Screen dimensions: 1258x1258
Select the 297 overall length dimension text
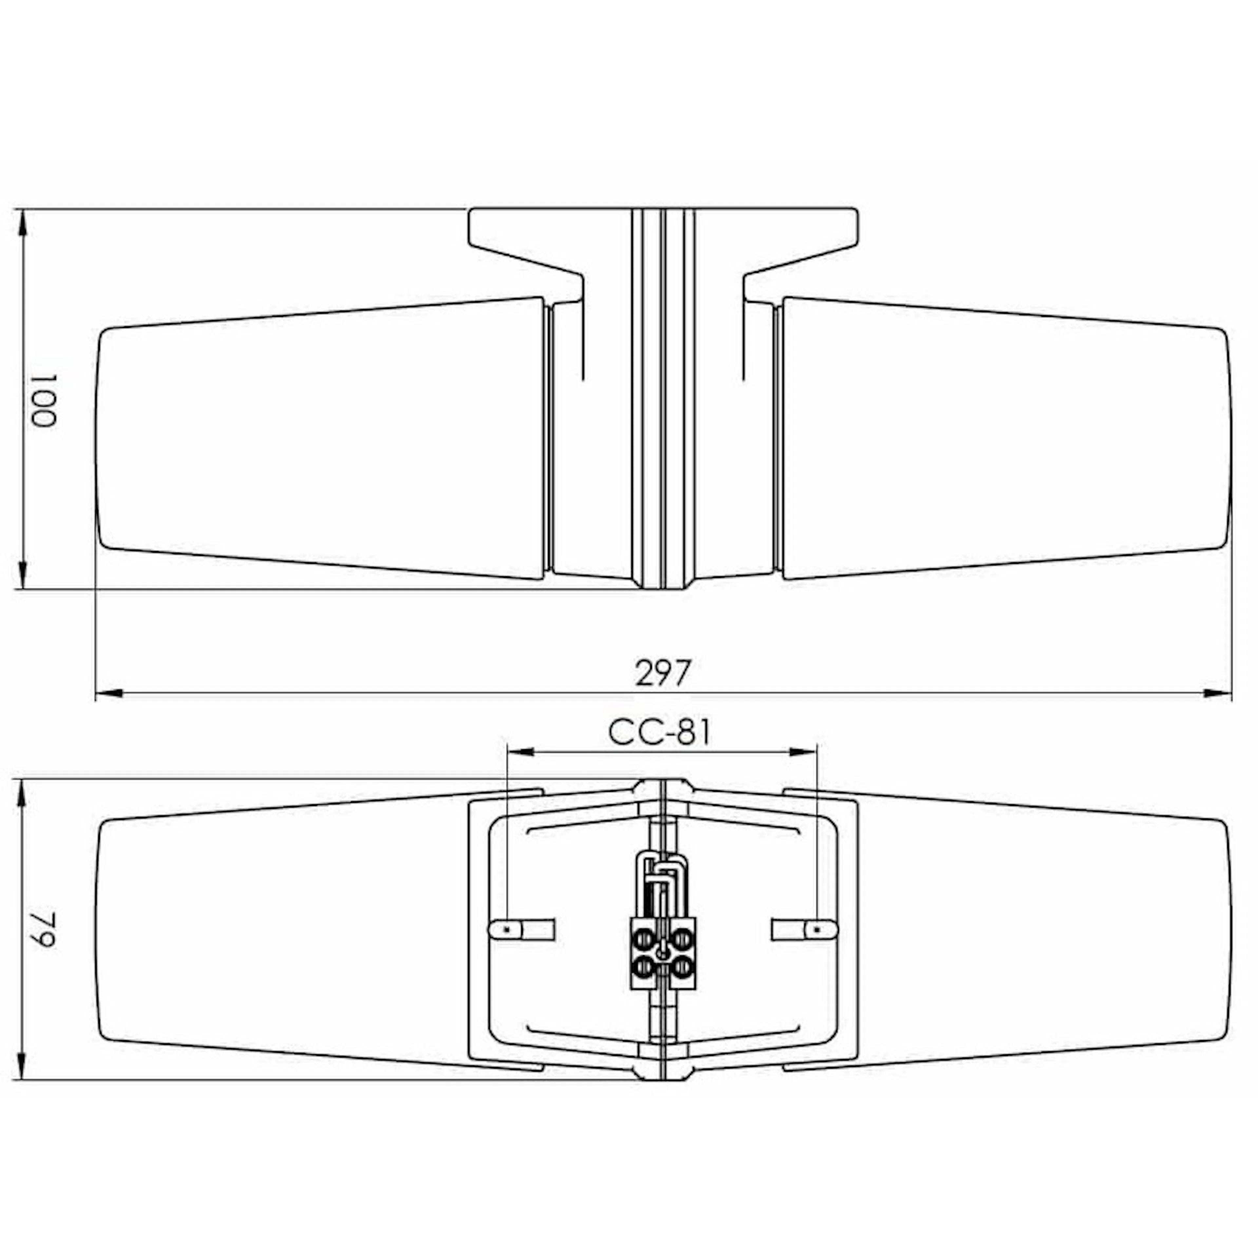(x=661, y=673)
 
